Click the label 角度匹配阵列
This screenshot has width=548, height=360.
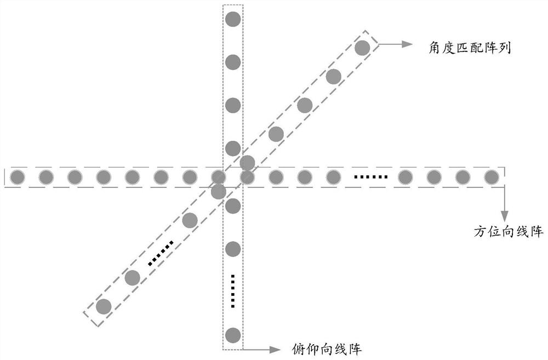point(470,48)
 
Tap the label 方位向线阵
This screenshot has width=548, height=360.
point(509,231)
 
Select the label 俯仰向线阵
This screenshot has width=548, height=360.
point(327,349)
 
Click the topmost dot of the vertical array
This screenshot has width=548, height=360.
point(233,19)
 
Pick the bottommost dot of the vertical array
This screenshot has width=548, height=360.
point(233,335)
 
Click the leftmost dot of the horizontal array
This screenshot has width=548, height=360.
point(18,177)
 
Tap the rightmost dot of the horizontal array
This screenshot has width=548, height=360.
point(492,177)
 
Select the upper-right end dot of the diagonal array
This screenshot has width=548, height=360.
point(362,48)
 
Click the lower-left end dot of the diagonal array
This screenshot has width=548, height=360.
point(104,306)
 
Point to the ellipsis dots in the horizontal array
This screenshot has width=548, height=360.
point(371,177)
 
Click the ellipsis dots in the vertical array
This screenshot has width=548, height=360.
point(233,292)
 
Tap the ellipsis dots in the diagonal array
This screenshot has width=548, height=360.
point(161,253)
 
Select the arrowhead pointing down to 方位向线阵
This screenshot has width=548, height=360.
point(504,216)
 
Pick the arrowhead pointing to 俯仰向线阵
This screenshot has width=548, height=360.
point(275,349)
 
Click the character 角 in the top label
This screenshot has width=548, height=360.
point(435,48)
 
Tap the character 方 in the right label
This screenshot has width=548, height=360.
point(481,231)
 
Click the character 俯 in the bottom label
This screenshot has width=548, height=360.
point(299,349)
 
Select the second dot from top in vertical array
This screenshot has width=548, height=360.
point(233,62)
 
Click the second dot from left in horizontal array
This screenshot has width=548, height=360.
point(46,177)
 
